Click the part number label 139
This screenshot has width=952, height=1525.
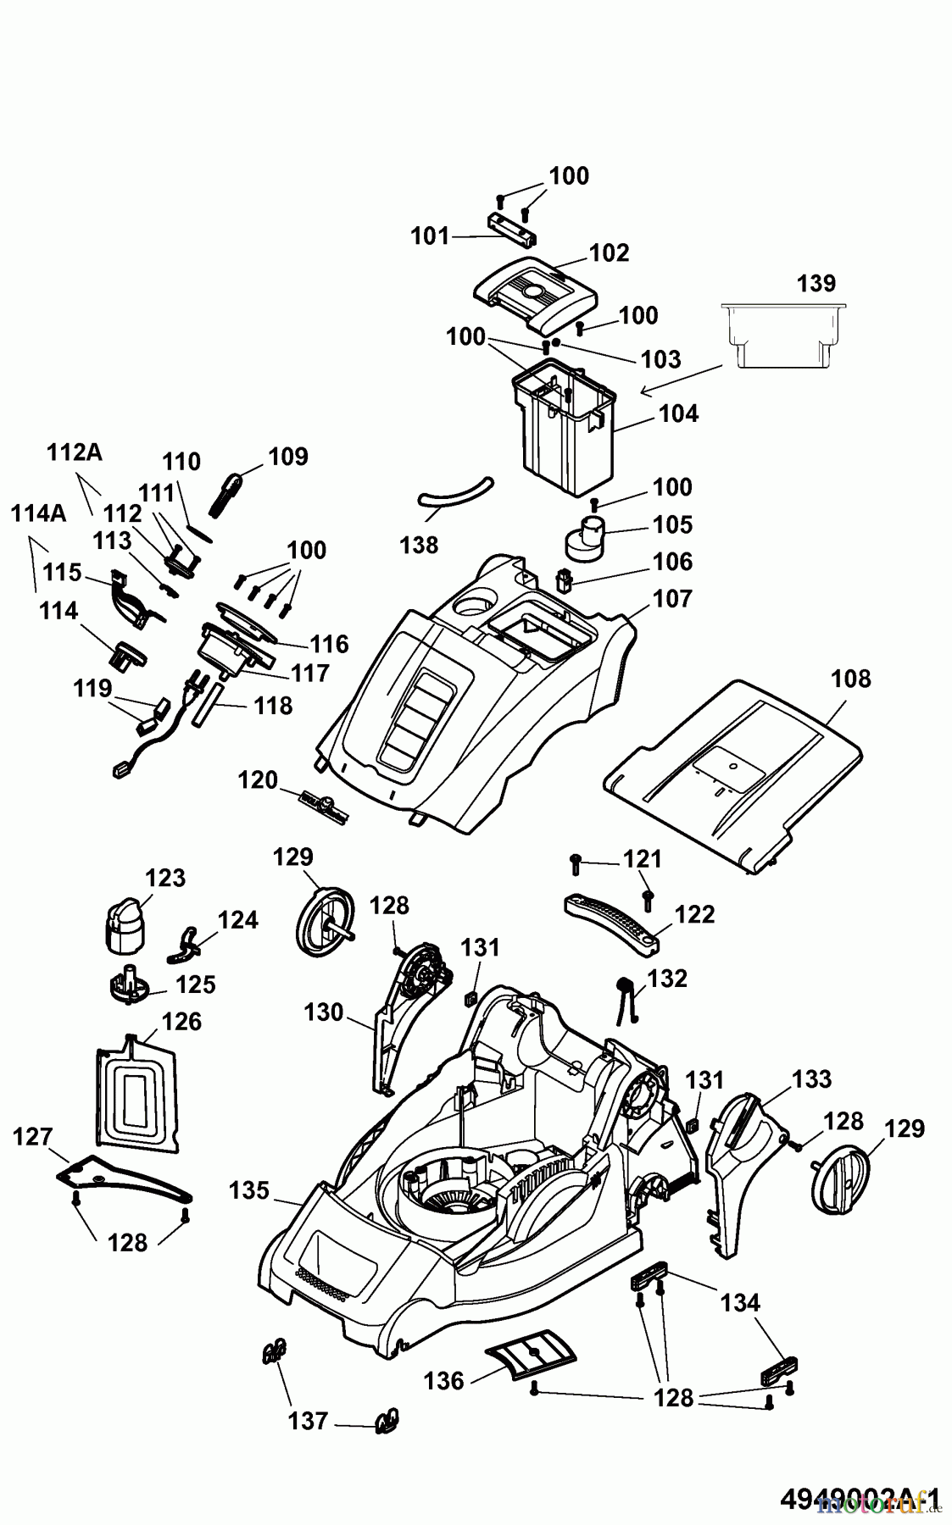click(x=816, y=283)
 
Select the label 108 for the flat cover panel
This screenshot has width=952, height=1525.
click(x=851, y=679)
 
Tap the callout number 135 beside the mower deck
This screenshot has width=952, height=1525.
click(x=249, y=1190)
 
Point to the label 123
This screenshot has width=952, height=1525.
click(x=165, y=877)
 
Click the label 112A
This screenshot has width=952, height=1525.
click(x=75, y=453)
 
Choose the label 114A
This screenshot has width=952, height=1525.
click(x=39, y=513)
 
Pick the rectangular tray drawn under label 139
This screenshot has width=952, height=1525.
click(x=782, y=335)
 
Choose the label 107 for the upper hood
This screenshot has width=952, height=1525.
click(x=673, y=599)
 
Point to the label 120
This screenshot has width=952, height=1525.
click(x=258, y=779)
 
